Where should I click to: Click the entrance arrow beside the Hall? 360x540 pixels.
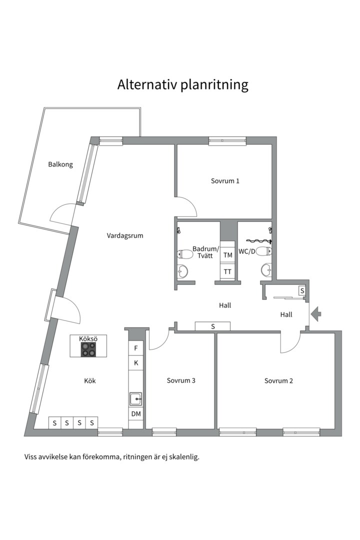[x=316, y=313]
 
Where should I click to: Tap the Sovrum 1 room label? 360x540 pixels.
[x=225, y=181]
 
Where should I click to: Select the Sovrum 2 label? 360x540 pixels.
[x=278, y=380]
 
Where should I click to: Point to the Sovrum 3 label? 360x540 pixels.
[x=181, y=380]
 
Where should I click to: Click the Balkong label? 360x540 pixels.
[x=60, y=164]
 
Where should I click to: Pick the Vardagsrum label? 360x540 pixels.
[x=124, y=236]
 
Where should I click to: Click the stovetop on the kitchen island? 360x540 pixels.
[x=88, y=349]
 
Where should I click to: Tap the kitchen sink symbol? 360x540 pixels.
[x=135, y=399]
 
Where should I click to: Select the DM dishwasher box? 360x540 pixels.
[x=136, y=413]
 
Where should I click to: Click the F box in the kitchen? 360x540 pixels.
[x=136, y=348]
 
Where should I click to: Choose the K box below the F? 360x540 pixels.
[x=136, y=362]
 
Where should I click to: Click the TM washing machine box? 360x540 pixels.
[x=227, y=255]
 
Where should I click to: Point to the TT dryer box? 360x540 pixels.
[x=227, y=271]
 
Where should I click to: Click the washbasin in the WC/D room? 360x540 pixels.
[x=266, y=269]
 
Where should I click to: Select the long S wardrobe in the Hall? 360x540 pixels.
[x=212, y=326]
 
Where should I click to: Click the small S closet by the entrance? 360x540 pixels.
[x=302, y=290]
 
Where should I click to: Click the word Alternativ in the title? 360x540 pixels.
[x=147, y=84]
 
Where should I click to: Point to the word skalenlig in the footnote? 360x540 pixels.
[x=186, y=457]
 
